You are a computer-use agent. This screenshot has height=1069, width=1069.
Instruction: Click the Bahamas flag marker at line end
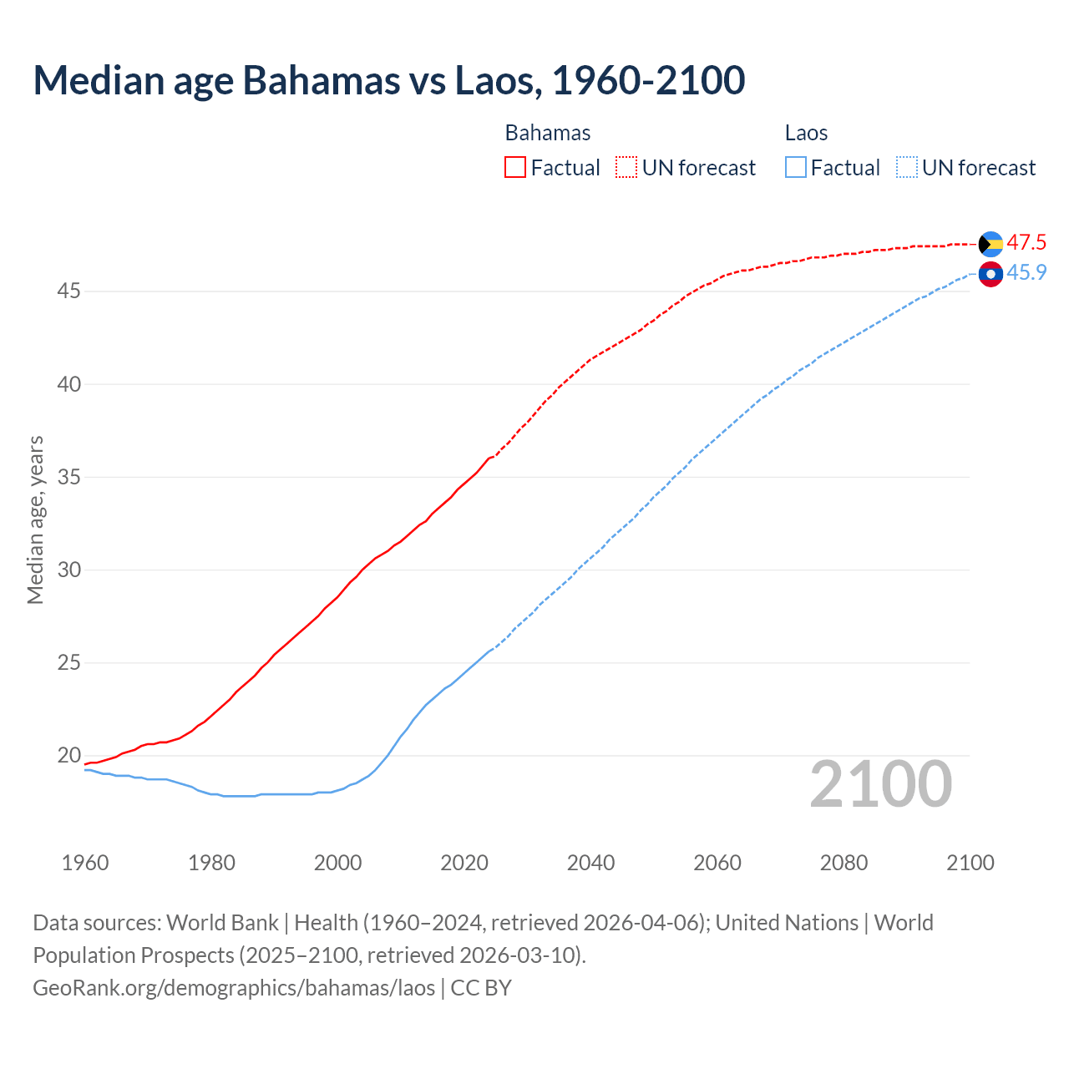pos(990,244)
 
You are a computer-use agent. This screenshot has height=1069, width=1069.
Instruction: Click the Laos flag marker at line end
pos(990,274)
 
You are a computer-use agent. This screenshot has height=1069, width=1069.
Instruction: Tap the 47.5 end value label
pos(1026,243)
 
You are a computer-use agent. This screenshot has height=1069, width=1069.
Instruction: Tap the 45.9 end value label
pos(1026,273)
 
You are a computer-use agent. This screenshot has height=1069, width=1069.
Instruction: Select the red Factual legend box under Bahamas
pos(515,167)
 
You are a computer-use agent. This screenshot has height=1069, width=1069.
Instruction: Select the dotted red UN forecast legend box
pos(626,167)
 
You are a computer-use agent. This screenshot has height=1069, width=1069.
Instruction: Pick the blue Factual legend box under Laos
pos(796,167)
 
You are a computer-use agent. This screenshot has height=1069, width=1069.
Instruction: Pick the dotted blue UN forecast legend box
pos(907,167)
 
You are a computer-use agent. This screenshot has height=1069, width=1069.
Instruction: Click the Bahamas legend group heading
pos(548,133)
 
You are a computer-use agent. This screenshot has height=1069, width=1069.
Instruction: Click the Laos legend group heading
pos(806,133)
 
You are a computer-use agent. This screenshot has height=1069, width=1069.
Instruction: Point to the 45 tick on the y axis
pos(68,291)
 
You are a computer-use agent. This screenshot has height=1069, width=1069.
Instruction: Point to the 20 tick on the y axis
pos(68,756)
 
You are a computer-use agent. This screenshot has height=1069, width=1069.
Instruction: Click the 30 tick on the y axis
pos(68,570)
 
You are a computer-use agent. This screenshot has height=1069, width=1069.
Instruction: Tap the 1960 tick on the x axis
pos(85,863)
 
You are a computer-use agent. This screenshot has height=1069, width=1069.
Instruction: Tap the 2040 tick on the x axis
pos(590,863)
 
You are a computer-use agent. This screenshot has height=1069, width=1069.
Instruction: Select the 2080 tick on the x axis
pos(844,863)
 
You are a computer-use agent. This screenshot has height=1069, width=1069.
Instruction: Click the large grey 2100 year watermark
pos(880,783)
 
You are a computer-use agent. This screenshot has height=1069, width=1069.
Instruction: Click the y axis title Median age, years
pos(35,519)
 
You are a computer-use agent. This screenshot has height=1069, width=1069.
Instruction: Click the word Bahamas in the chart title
pos(321,80)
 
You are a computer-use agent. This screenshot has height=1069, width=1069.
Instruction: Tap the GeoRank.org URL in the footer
pos(234,988)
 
